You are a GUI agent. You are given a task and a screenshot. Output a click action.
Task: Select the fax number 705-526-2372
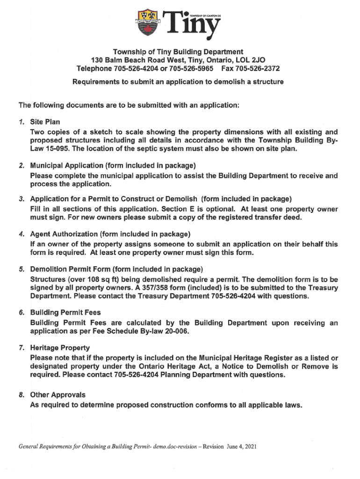pos(258,69)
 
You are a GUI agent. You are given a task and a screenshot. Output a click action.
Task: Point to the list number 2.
pos(22,166)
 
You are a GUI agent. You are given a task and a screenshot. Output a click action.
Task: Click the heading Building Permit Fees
pos(65,312)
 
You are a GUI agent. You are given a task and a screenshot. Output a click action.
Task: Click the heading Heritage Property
pos(60,348)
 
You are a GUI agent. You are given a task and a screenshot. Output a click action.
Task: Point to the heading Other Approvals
pos(58,395)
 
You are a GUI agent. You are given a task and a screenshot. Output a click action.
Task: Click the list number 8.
pos(22,395)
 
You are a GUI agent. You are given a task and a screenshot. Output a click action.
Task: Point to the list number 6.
pos(22,312)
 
